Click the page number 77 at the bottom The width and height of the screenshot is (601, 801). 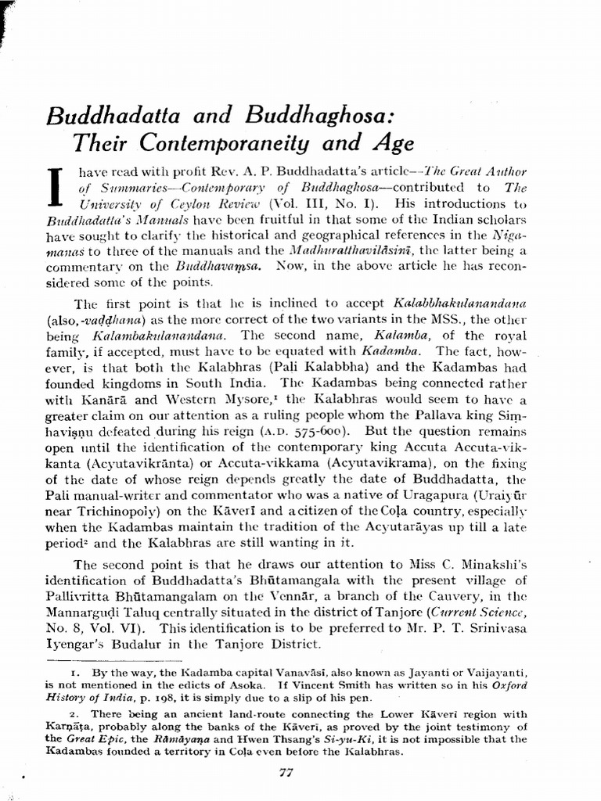pos(285,774)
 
